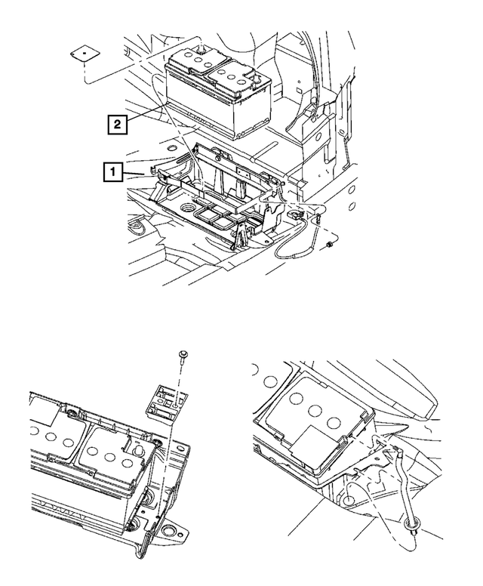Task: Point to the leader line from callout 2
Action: pos(143,115)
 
